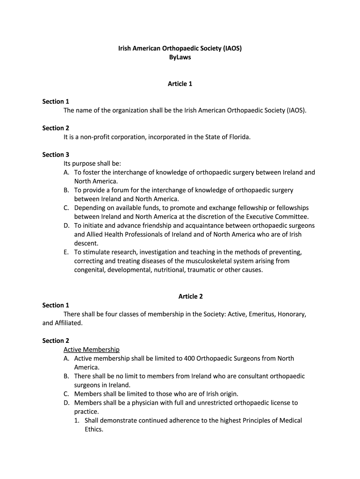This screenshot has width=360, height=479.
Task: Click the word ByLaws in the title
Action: (x=180, y=57)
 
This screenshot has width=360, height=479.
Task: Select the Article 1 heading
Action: (x=180, y=84)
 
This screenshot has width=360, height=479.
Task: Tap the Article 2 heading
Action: (x=191, y=296)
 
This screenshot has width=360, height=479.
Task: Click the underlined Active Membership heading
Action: (x=92, y=349)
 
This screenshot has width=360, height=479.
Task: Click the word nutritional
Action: (x=183, y=270)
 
